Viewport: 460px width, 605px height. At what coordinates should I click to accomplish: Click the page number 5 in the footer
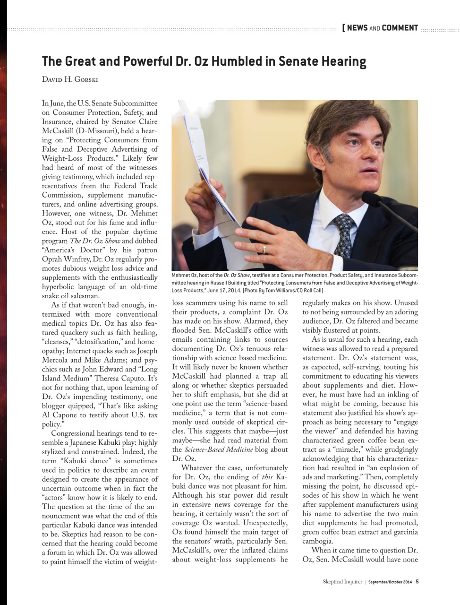(x=417, y=582)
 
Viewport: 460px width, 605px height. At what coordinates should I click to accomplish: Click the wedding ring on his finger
(x=264, y=248)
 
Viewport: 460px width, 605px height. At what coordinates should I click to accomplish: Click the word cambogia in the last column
(x=318, y=541)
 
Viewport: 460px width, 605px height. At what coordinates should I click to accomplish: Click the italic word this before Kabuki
(x=267, y=476)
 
